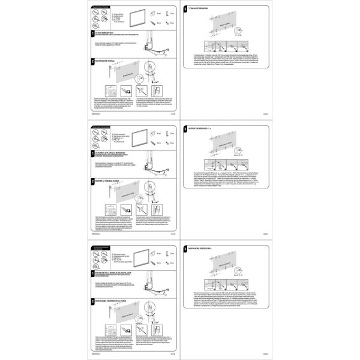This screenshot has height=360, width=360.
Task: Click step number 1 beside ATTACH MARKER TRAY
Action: (93, 35)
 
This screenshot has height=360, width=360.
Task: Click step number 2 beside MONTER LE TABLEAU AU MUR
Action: (93, 180)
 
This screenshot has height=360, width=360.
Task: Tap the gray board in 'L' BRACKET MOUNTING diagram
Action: (226, 26)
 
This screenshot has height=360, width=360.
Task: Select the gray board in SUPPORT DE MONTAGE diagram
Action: (226, 147)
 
